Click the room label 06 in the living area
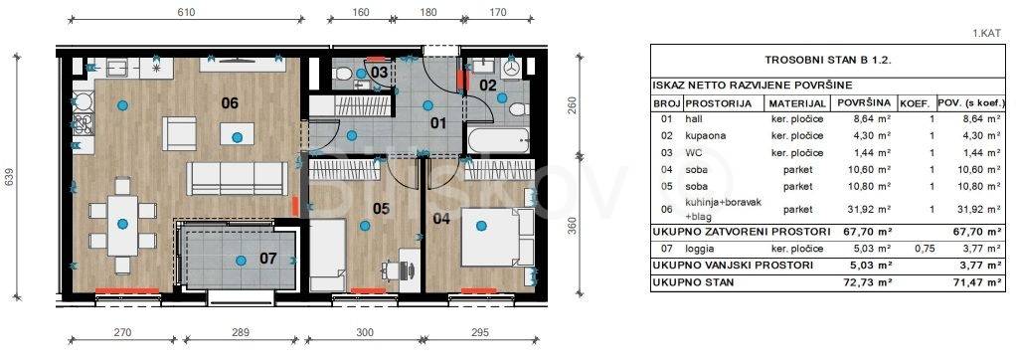coord(230,102)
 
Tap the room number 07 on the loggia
coord(268,259)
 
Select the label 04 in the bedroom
coord(440,218)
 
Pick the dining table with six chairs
coord(122,226)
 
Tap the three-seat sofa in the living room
coord(237,178)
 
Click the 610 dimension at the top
coord(185,12)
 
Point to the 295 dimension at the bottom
coord(480,333)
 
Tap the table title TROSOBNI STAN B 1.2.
coord(828,61)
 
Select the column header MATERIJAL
coord(797,103)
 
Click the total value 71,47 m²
coord(983,282)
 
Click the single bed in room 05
coord(327,255)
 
